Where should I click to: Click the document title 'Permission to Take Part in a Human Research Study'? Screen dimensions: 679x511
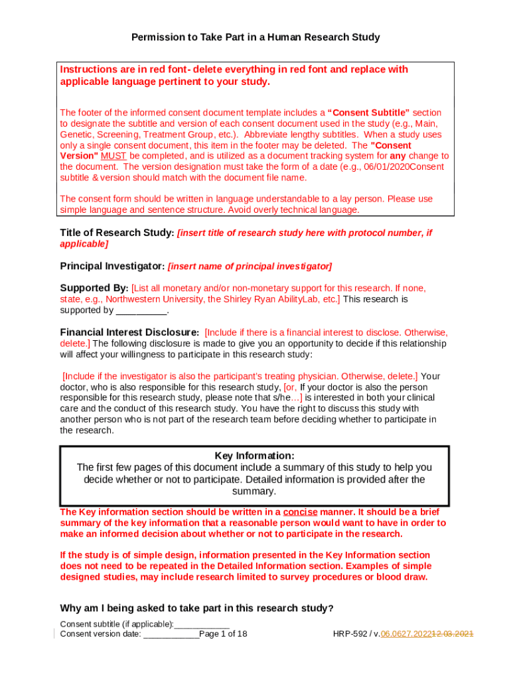click(x=256, y=37)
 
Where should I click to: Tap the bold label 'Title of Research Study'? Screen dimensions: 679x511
click(x=116, y=233)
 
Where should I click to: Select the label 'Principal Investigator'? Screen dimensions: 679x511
click(x=111, y=266)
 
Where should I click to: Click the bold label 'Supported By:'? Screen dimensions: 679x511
click(x=94, y=288)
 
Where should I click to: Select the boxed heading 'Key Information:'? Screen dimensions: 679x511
click(x=254, y=456)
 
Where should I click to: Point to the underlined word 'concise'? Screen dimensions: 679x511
click(x=300, y=512)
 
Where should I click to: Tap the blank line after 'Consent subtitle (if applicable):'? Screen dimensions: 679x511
click(x=202, y=625)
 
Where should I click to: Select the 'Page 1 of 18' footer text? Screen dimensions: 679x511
click(x=223, y=634)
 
